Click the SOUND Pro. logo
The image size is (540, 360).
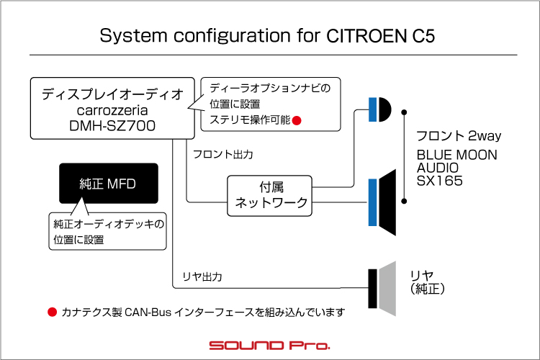(x=269, y=345)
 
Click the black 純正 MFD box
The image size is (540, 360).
(x=109, y=184)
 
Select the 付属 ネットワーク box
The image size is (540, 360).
(x=270, y=196)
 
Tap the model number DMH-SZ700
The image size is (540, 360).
(x=112, y=126)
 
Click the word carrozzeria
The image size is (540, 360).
(x=112, y=110)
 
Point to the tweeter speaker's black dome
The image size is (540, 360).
(x=385, y=109)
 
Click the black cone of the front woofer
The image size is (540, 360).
(x=387, y=202)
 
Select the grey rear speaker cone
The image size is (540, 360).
(x=387, y=289)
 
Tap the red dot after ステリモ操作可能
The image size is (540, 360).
(x=297, y=120)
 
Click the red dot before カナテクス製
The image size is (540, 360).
(x=52, y=312)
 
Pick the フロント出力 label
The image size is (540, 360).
(x=223, y=154)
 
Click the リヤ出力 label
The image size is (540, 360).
(x=202, y=276)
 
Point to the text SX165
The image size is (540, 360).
(x=439, y=181)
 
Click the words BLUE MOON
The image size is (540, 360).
(x=457, y=155)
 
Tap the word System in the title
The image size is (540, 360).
(x=133, y=36)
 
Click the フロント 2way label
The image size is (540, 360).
(x=459, y=136)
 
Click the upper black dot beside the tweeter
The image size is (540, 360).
(x=404, y=112)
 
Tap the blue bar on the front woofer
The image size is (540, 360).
(x=373, y=202)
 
